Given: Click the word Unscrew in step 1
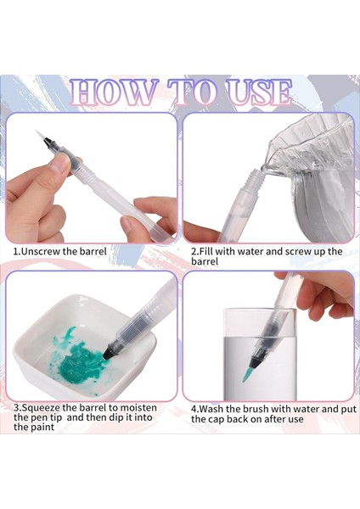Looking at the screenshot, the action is (41, 251).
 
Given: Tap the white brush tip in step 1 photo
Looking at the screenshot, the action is (39, 136).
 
